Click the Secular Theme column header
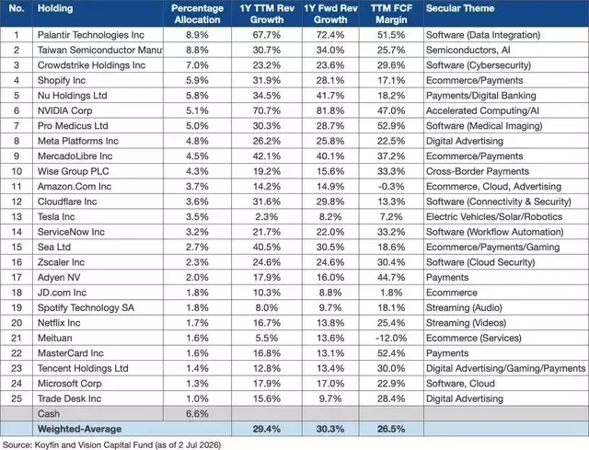tap(460, 8)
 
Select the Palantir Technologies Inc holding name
tap(91, 35)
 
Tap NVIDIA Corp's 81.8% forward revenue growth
tap(330, 110)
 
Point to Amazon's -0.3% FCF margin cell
tap(391, 187)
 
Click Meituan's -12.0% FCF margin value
tap(391, 338)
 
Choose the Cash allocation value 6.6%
tap(197, 414)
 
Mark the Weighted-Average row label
tap(80, 429)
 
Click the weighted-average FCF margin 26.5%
tap(391, 429)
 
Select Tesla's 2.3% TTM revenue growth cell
tap(267, 217)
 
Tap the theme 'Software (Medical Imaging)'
tap(484, 126)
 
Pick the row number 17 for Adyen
tap(17, 278)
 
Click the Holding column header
tap(55, 8)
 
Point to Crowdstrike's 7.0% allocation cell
tap(197, 65)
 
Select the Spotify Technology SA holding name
tap(86, 307)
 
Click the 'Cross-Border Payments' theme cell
tap(478, 171)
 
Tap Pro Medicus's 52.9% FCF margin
tap(391, 126)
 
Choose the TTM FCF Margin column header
tap(391, 14)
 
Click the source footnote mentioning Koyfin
tap(111, 444)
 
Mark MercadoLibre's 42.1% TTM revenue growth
tap(267, 156)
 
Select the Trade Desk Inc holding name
tap(70, 398)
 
